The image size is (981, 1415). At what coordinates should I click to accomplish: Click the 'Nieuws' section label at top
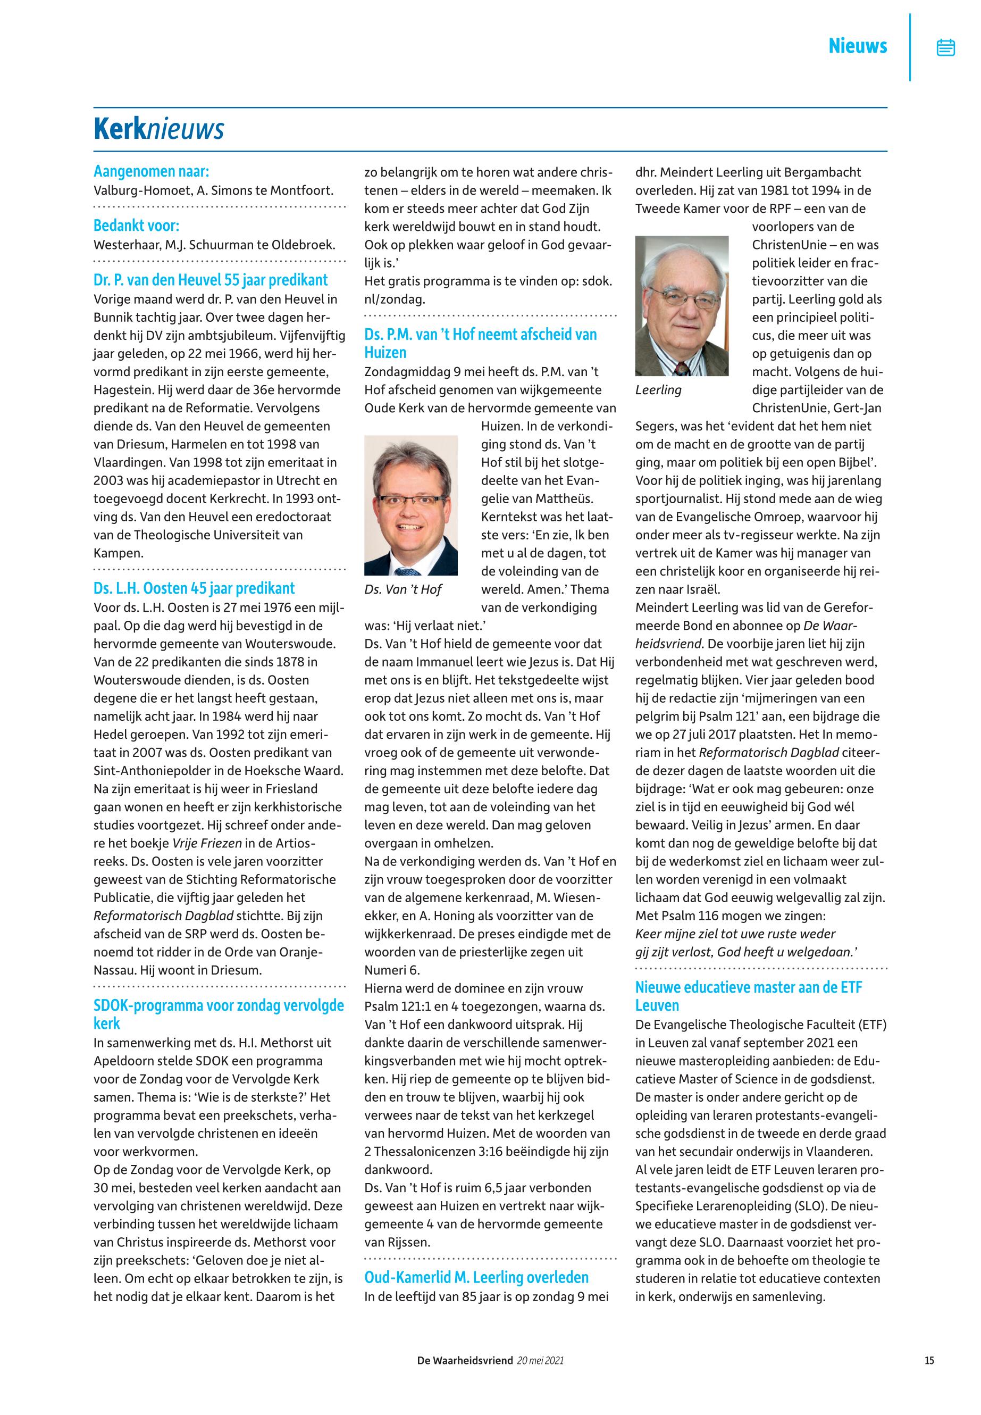point(858,46)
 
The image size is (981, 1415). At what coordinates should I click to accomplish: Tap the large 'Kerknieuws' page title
point(158,129)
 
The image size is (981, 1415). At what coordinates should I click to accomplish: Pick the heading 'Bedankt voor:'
point(137,226)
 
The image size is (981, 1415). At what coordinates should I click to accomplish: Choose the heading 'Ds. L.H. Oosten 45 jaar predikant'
point(194,588)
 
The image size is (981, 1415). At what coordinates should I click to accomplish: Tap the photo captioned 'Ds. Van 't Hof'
point(410,505)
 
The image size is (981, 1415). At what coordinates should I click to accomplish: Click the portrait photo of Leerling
point(682,306)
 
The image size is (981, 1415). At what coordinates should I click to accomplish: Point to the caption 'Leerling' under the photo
point(658,390)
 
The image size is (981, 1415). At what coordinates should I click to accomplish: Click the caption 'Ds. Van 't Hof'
point(403,590)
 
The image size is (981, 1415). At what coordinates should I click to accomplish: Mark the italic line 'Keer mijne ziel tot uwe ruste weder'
point(735,934)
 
